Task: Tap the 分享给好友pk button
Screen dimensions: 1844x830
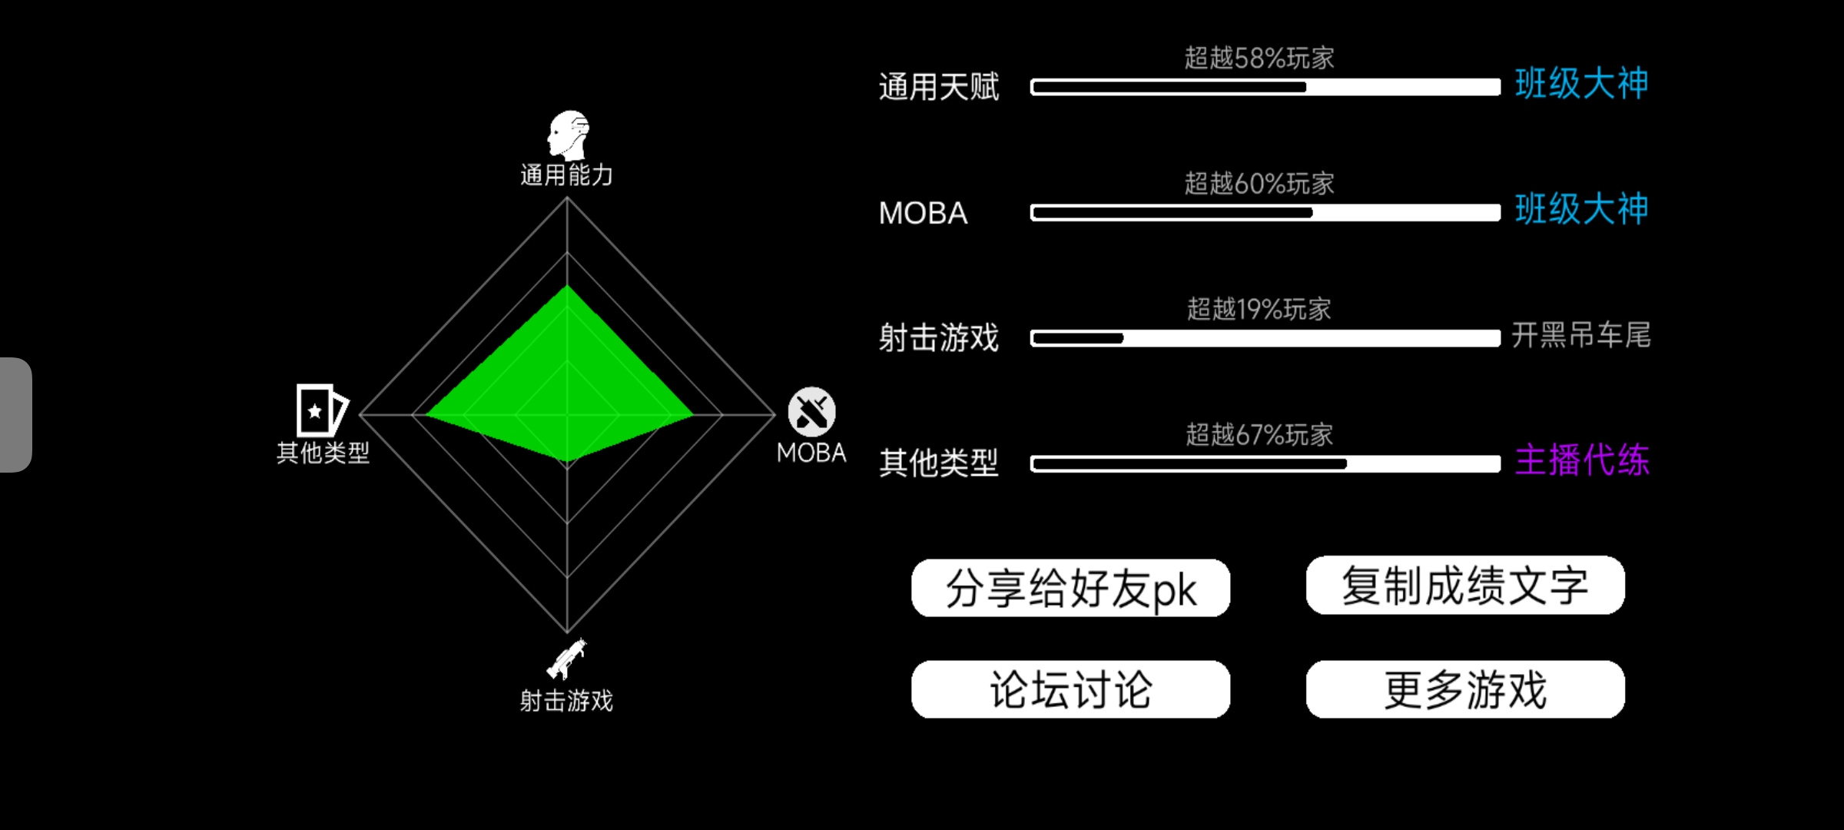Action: (1070, 588)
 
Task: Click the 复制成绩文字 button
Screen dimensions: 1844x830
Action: (1465, 586)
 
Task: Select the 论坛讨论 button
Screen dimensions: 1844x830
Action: (1070, 689)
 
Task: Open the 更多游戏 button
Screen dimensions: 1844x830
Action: (1465, 689)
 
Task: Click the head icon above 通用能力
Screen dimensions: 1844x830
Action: (568, 135)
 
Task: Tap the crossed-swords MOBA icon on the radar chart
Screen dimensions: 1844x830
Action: (812, 412)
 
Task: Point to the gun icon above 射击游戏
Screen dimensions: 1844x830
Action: (567, 659)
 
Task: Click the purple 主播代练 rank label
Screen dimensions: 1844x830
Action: (1582, 460)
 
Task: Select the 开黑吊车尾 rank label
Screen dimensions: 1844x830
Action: (1581, 335)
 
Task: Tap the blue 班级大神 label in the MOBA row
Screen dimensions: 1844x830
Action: (1582, 209)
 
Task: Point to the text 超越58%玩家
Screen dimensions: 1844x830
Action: (1259, 58)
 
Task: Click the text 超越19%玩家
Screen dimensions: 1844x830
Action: (1259, 309)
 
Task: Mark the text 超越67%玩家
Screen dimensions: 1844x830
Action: (1259, 435)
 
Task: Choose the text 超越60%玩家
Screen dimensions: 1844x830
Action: (1259, 184)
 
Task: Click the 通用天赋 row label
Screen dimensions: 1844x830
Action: (939, 87)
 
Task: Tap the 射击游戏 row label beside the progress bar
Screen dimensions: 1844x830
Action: (939, 338)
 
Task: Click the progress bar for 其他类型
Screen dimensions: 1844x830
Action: (1265, 463)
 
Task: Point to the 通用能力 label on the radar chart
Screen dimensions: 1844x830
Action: (567, 175)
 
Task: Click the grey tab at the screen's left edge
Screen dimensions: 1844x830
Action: (15, 415)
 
